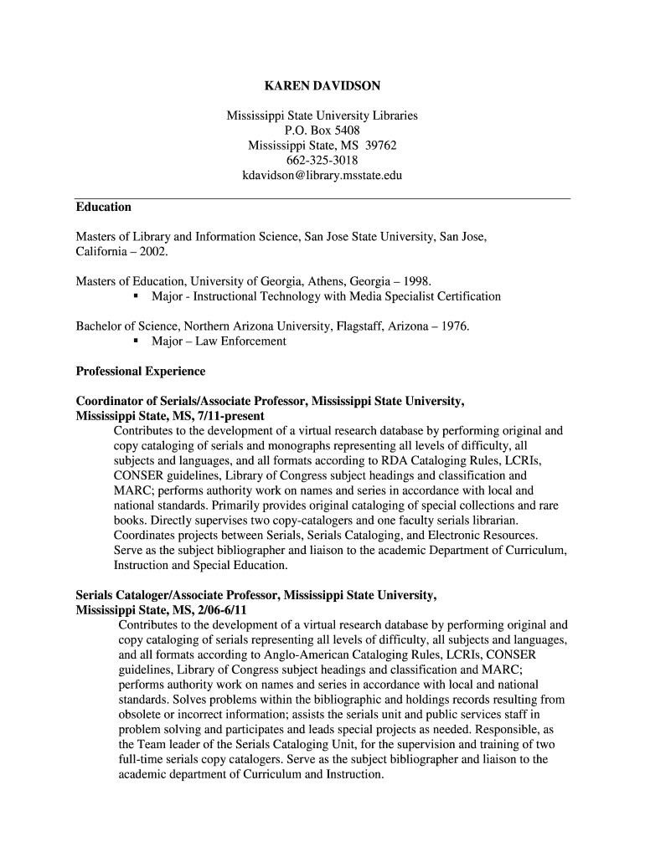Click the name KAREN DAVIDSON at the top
[x=322, y=85]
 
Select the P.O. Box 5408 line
[x=322, y=131]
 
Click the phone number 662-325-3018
[x=322, y=161]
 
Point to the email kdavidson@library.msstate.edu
[x=322, y=176]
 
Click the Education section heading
[x=103, y=207]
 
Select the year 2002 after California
[x=153, y=251]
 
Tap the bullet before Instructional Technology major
[x=136, y=296]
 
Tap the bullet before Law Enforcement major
[x=136, y=341]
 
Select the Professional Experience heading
[x=140, y=371]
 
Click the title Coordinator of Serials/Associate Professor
[x=192, y=401]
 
